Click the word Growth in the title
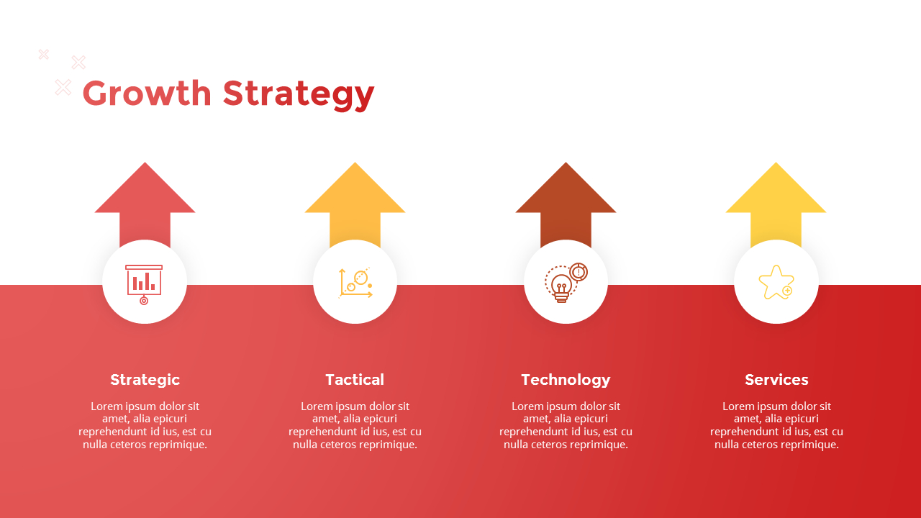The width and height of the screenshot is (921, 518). (x=147, y=94)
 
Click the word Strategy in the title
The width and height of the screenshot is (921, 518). (x=298, y=95)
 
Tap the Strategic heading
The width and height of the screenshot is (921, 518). (x=145, y=379)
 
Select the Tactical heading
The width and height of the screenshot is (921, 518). (x=355, y=379)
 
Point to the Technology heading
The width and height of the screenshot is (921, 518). (x=566, y=379)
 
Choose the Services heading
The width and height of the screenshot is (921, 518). (x=776, y=379)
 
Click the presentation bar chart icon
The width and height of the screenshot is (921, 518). (x=144, y=282)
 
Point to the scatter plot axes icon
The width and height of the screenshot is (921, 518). (x=355, y=283)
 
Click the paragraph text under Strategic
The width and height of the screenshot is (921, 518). (x=145, y=425)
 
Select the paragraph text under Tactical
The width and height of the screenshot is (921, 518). (x=355, y=425)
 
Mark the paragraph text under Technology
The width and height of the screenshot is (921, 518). (x=566, y=425)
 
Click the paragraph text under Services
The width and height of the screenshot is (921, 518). (x=776, y=425)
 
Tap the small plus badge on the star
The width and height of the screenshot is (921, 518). (x=787, y=291)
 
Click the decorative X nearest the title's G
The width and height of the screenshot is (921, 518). (x=63, y=88)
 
